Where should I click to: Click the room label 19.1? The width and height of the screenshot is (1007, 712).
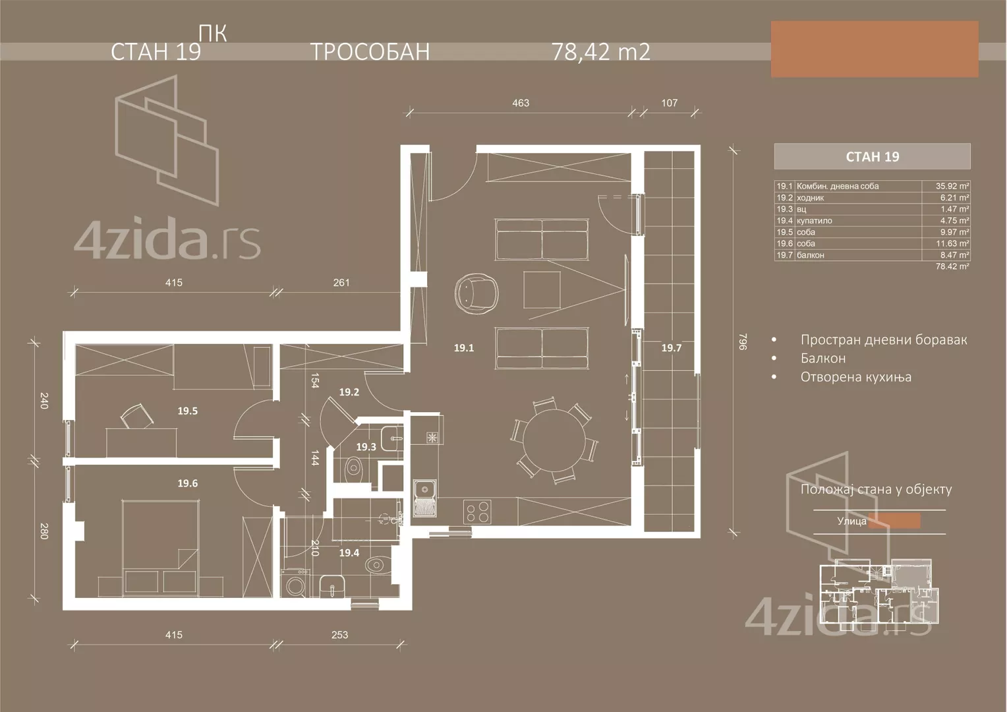click(463, 348)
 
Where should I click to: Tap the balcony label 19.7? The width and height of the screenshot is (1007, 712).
click(671, 348)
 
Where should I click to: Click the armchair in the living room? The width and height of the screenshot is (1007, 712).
click(475, 292)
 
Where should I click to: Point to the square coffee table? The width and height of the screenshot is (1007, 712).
click(542, 289)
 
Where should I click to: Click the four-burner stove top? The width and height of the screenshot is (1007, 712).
click(478, 512)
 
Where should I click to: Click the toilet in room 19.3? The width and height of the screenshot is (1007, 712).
click(354, 469)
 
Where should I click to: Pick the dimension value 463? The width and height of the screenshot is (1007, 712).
click(520, 103)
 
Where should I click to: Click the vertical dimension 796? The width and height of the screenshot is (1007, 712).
click(743, 341)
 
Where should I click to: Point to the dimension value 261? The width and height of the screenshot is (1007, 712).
click(341, 283)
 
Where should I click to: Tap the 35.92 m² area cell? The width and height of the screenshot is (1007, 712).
click(952, 187)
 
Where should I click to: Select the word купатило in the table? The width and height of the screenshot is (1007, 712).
click(814, 221)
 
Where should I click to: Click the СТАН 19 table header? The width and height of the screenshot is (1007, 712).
click(872, 157)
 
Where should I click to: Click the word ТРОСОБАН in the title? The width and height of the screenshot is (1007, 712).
click(370, 51)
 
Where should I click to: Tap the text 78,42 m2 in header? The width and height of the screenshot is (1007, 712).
click(600, 51)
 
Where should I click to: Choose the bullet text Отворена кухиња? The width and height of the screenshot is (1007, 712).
click(855, 377)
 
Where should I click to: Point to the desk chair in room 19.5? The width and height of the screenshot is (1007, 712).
click(137, 417)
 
